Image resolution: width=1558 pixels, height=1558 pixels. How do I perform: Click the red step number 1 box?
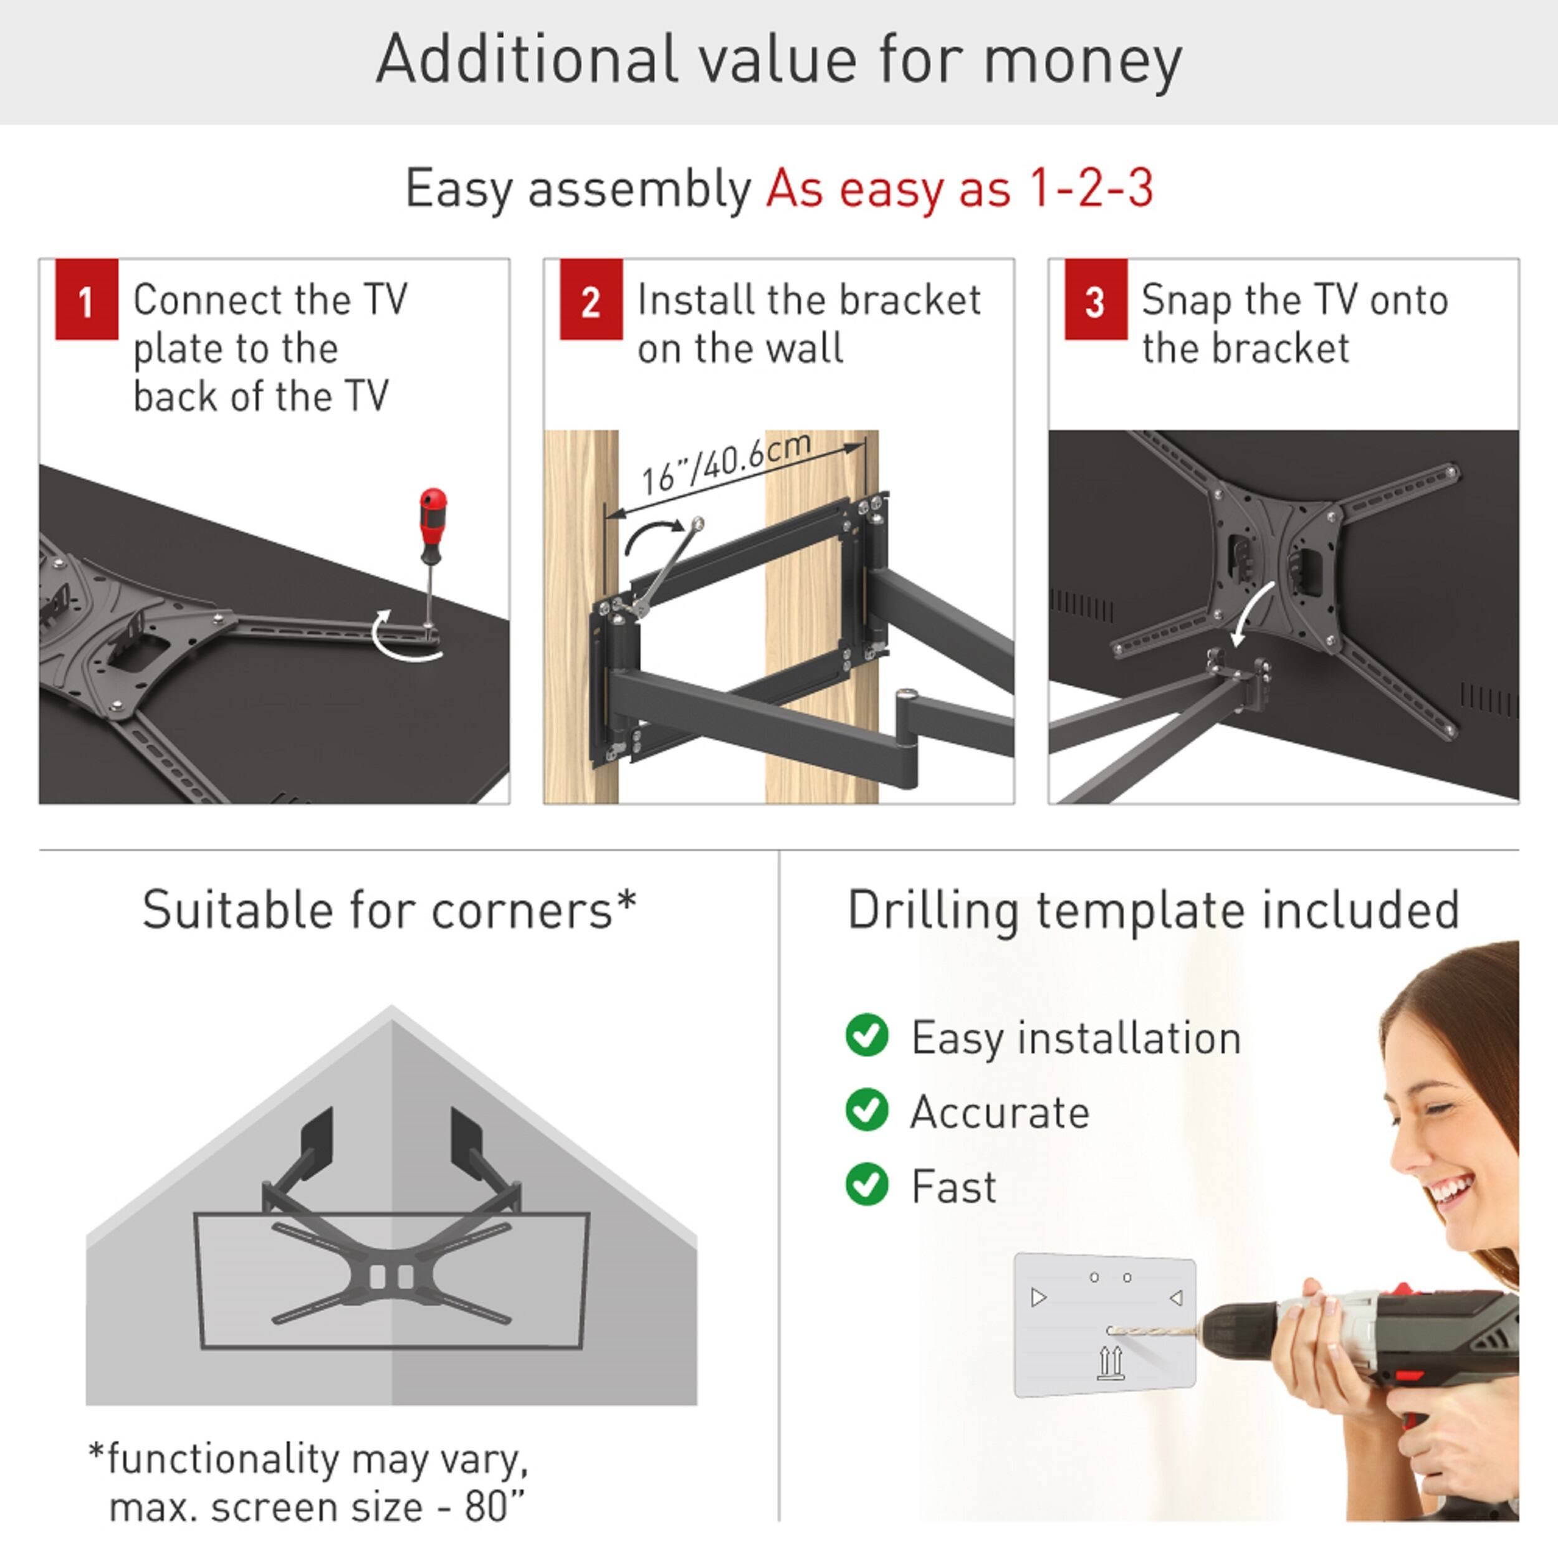pyautogui.click(x=86, y=299)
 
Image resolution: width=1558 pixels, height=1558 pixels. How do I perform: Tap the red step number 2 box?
pyautogui.click(x=590, y=299)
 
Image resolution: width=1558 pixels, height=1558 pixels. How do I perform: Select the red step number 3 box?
pyautogui.click(x=1095, y=299)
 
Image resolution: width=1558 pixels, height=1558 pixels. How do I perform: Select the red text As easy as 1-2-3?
pyautogui.click(x=960, y=189)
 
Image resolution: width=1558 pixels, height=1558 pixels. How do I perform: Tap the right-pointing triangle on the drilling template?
pyautogui.click(x=1039, y=1298)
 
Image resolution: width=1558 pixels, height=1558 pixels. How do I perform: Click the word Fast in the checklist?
pyautogui.click(x=953, y=1187)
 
